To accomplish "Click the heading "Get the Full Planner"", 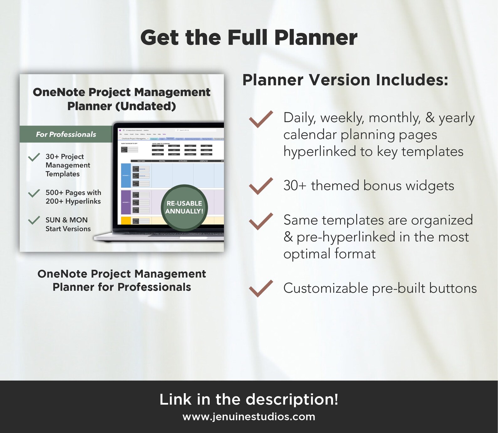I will [249, 38].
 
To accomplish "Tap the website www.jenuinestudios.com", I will [249, 417].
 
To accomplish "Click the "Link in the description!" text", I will [249, 399].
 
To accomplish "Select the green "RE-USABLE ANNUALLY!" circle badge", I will [184, 207].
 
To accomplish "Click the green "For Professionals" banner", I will [66, 134].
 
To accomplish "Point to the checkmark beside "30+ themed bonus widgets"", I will [261, 186].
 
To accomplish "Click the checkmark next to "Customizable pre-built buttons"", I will [261, 288].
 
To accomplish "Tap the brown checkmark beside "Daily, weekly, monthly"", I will [261, 119].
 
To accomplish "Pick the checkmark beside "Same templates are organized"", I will [261, 221].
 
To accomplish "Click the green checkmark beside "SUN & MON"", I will [34, 220].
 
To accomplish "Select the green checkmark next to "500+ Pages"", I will [34, 193].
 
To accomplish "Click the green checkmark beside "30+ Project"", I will [34, 157].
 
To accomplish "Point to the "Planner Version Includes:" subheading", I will [345, 80].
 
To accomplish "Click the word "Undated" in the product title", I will [146, 106].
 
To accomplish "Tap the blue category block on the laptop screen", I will [126, 175].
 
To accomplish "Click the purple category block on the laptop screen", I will [126, 202].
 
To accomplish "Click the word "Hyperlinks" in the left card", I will [82, 201].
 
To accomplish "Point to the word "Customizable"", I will [326, 288].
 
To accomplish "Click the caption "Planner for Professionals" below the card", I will [122, 287].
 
